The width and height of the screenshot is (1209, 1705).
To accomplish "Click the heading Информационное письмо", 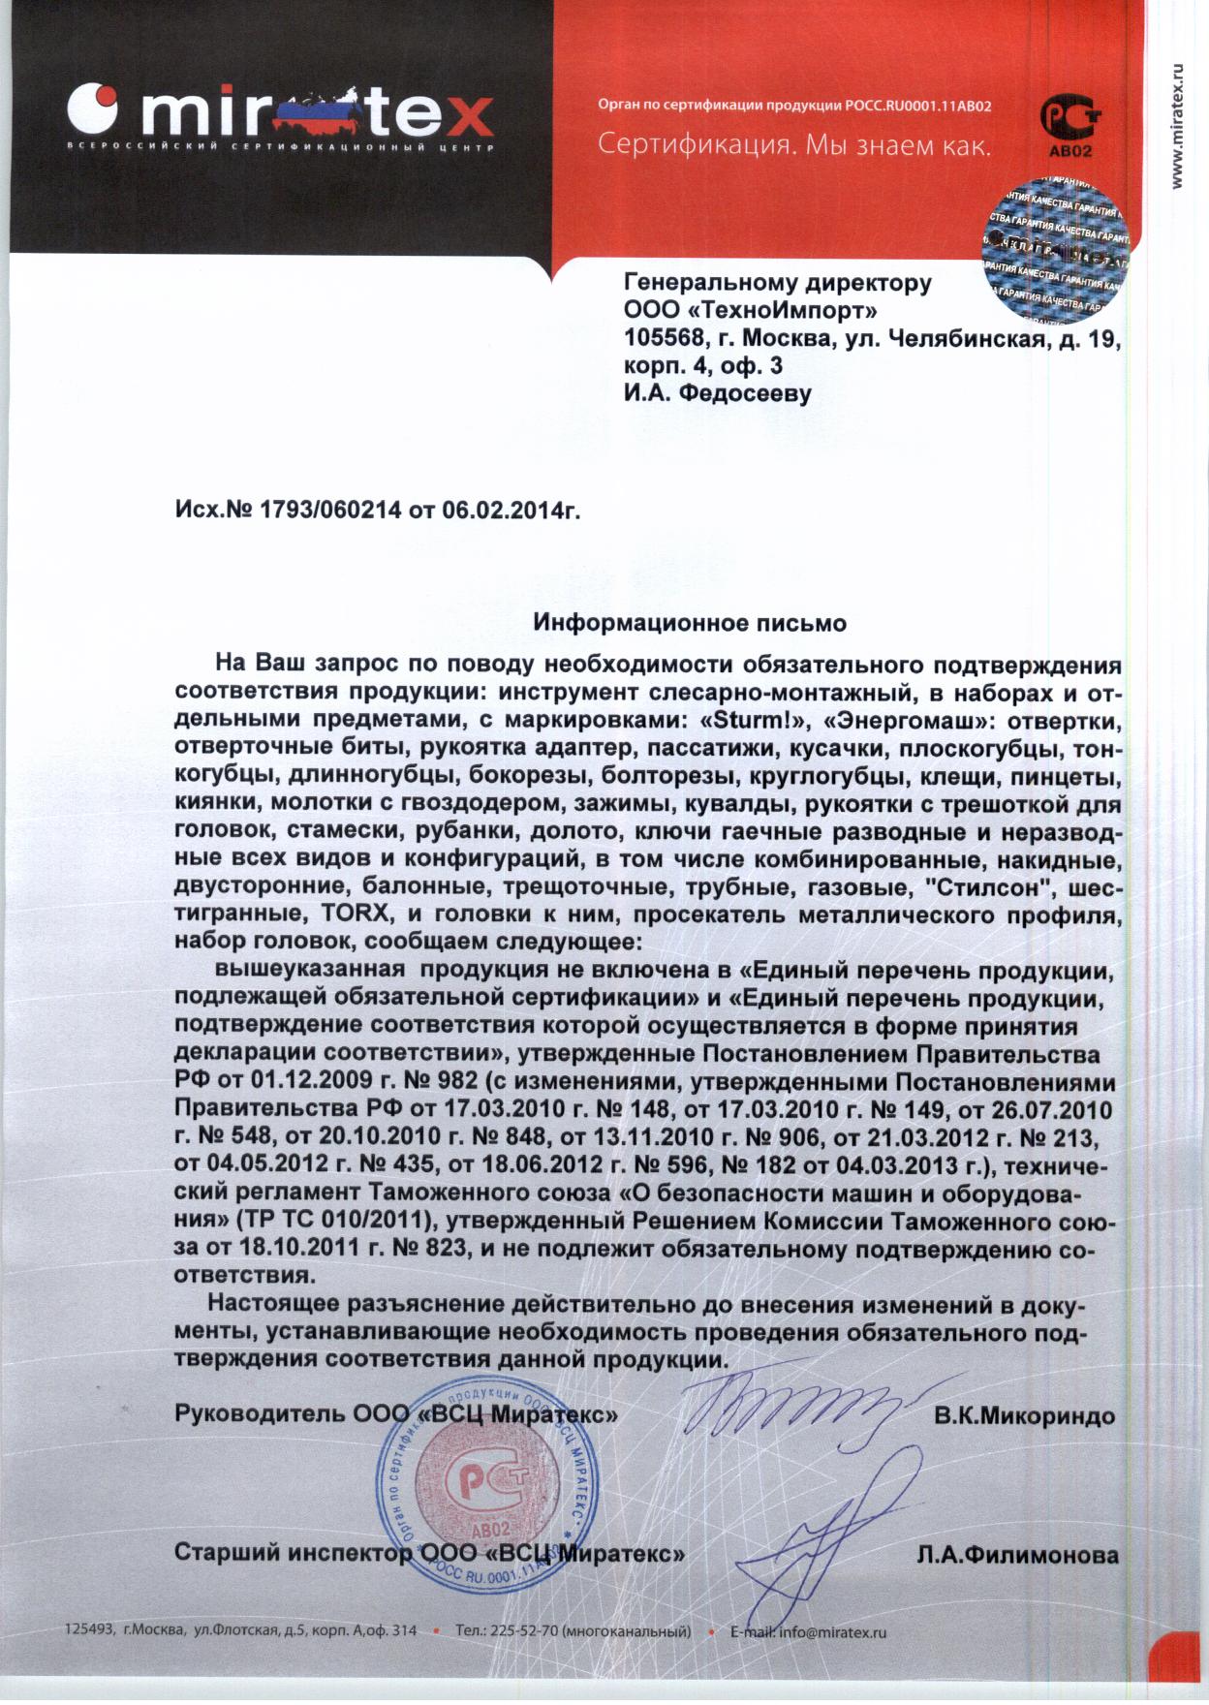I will (x=690, y=623).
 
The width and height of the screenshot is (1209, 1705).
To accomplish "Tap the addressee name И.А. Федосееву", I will (x=717, y=393).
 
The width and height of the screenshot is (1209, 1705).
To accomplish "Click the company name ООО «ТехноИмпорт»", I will (x=751, y=310).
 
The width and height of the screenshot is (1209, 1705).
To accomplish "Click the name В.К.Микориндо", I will (x=1024, y=1415).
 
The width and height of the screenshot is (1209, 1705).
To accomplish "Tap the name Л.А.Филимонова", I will (x=1017, y=1556).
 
